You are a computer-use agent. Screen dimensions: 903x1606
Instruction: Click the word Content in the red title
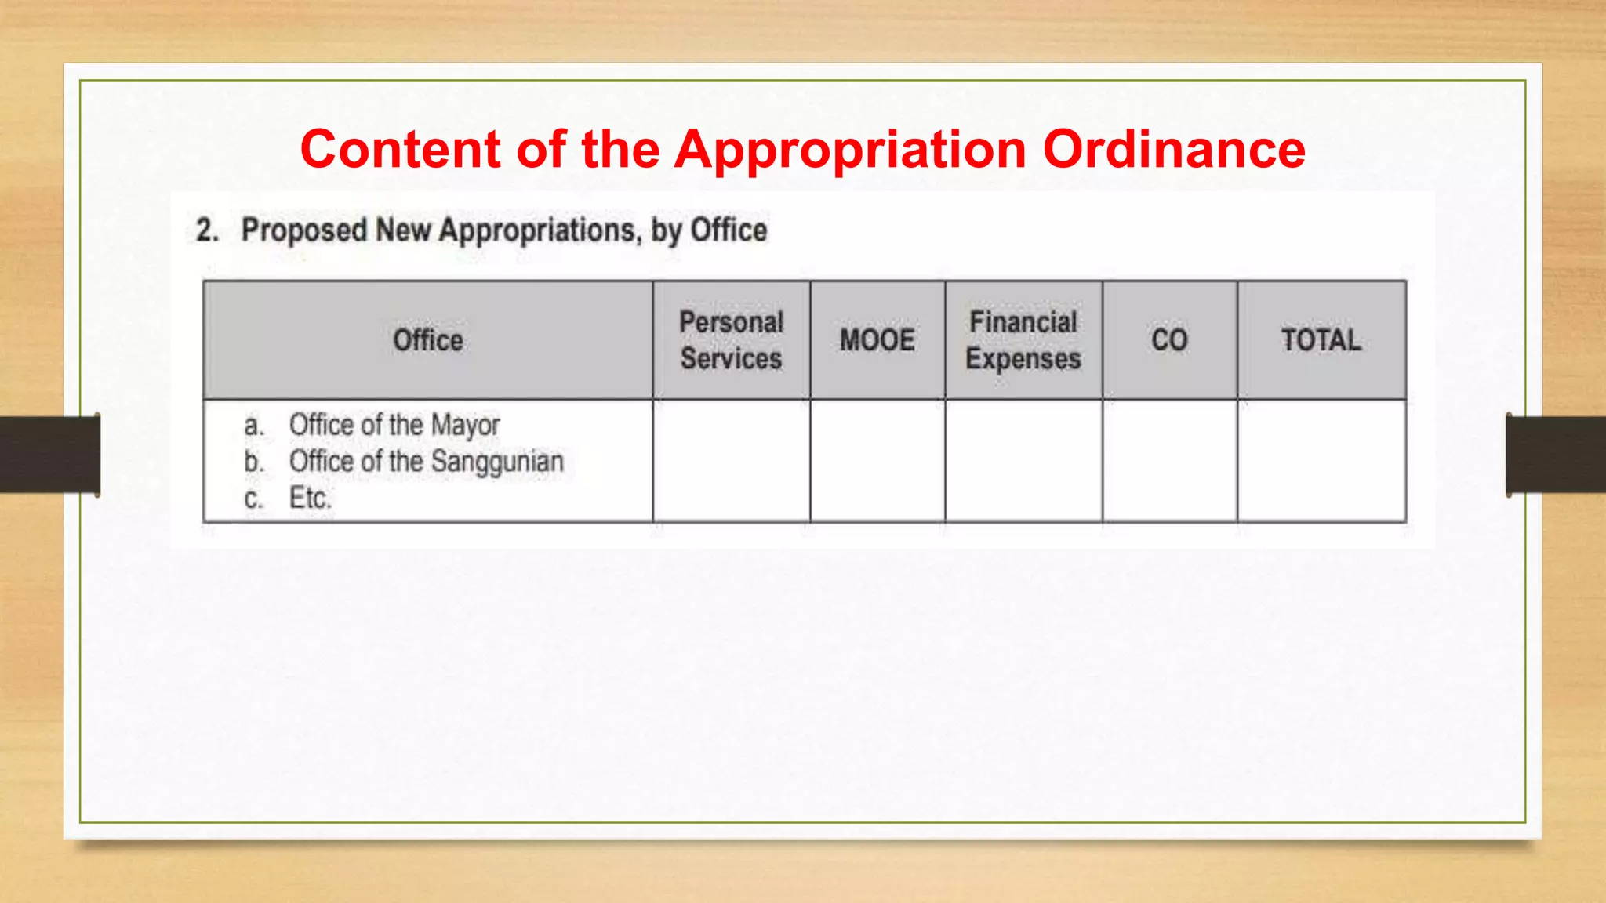pyautogui.click(x=400, y=149)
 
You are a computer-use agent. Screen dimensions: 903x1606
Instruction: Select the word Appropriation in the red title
pyautogui.click(x=850, y=150)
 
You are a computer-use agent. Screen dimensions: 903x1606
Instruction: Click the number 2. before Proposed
pyautogui.click(x=207, y=230)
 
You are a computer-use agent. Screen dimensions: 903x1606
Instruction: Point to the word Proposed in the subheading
pyautogui.click(x=303, y=230)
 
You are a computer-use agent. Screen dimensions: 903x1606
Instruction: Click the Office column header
pyautogui.click(x=427, y=340)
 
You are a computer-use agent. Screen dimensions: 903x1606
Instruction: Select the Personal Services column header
pyautogui.click(x=731, y=340)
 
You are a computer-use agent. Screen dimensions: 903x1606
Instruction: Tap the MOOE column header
pyautogui.click(x=877, y=340)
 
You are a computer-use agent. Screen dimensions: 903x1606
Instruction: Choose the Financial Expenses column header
pyautogui.click(x=1023, y=340)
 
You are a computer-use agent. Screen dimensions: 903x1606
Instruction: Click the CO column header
pyautogui.click(x=1169, y=340)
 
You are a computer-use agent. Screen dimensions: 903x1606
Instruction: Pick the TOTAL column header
pyautogui.click(x=1321, y=340)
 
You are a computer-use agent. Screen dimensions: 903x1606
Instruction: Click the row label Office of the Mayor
pyautogui.click(x=394, y=425)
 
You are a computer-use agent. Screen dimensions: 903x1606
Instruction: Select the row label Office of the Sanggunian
pyautogui.click(x=426, y=462)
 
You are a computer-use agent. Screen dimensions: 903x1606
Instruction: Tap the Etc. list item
pyautogui.click(x=311, y=498)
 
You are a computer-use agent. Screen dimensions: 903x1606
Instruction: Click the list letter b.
pyautogui.click(x=253, y=462)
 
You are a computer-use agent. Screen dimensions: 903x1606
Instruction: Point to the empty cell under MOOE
pyautogui.click(x=877, y=461)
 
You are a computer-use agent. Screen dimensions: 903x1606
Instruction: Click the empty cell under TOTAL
pyautogui.click(x=1321, y=461)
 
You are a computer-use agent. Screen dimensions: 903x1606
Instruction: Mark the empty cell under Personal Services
pyautogui.click(x=731, y=461)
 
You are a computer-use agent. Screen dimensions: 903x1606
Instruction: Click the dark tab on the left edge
pyautogui.click(x=49, y=455)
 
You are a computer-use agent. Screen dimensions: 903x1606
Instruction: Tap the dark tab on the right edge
pyautogui.click(x=1556, y=455)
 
